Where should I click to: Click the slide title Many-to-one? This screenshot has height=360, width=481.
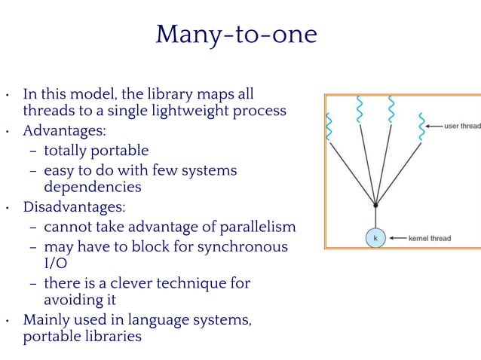click(236, 35)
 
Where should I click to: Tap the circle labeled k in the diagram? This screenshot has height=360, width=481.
click(375, 238)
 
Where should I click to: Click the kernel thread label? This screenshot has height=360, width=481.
click(429, 239)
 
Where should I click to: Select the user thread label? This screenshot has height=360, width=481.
click(462, 126)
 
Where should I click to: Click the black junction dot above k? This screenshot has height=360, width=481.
click(375, 203)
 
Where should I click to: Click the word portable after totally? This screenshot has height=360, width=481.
click(120, 151)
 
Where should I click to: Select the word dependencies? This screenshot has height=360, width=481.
click(93, 187)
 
